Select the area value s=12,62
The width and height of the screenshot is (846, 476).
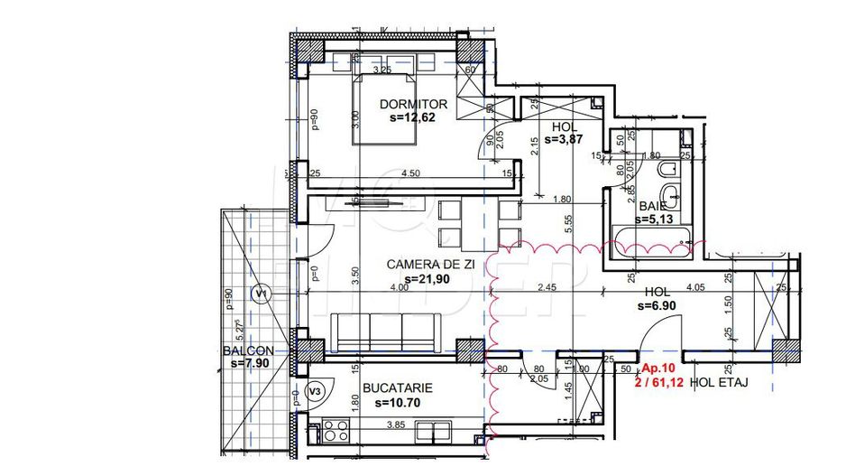[x=412, y=117]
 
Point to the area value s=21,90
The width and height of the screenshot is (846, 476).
[x=428, y=279]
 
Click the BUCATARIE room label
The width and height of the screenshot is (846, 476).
[x=397, y=388]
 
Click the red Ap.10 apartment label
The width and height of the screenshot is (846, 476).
[x=658, y=369]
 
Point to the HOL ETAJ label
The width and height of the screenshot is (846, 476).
[x=719, y=383]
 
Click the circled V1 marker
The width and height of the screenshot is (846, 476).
[x=262, y=293]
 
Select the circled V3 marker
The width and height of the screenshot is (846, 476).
[x=314, y=391]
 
